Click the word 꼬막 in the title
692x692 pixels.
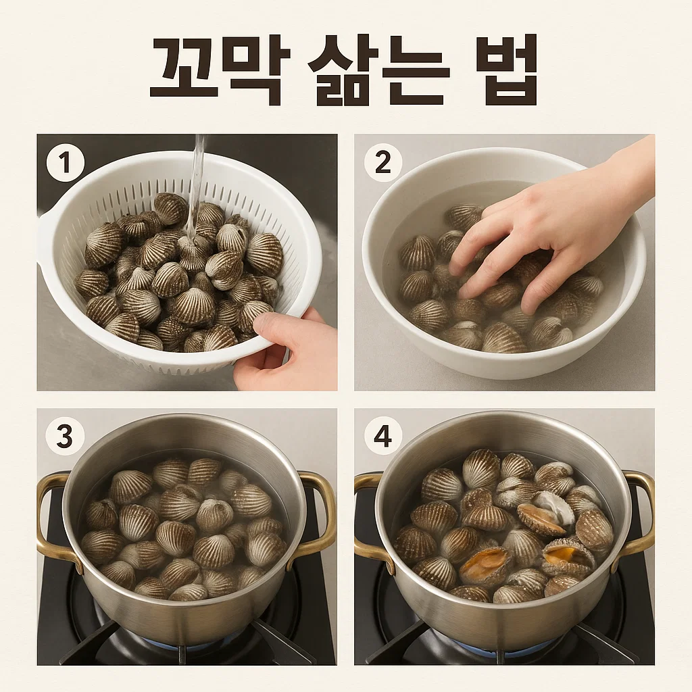[220, 70]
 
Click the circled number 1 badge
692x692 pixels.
[66, 162]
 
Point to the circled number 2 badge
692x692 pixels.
[383, 162]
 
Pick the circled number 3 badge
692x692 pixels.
[66, 437]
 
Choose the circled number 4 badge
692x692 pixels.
[382, 437]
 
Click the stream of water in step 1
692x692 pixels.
[195, 190]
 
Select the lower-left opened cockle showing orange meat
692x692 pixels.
[485, 565]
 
